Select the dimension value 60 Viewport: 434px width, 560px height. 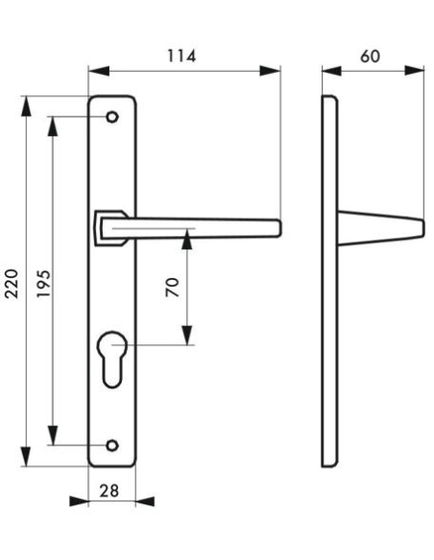370,56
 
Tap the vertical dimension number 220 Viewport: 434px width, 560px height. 13,282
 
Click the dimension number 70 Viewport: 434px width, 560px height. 173,287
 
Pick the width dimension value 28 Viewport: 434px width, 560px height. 109,489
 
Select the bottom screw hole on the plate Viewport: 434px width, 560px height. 112,446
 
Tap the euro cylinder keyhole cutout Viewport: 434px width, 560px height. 112,356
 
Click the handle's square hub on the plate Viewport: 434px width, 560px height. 107,227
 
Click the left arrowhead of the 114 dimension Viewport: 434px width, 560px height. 94,70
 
